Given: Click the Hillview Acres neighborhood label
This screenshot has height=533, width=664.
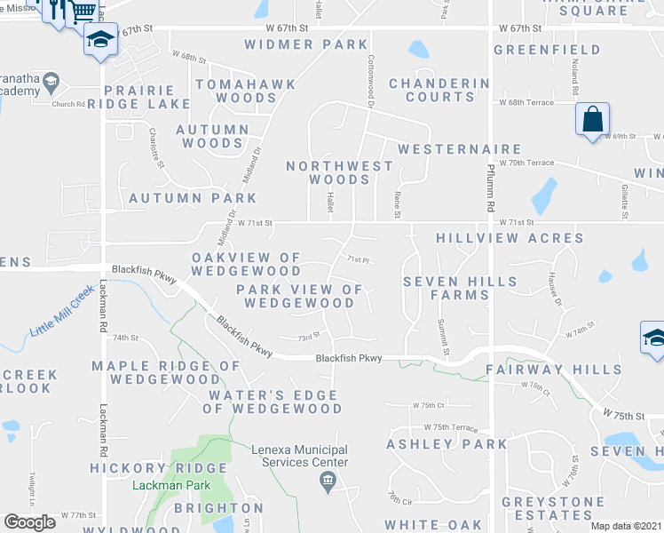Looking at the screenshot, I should [510, 238].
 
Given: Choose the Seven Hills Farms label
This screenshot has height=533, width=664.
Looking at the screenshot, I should [460, 288].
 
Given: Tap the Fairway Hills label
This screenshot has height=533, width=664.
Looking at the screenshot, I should [553, 370].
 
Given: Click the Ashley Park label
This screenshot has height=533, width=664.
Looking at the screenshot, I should [447, 444].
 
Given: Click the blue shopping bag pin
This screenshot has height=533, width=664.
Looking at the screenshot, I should [592, 118].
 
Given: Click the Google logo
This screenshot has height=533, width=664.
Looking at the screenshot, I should [30, 521].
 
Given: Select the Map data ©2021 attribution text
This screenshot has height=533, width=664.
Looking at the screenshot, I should [626, 526].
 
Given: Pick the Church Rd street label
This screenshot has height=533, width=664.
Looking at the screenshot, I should [67, 103].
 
